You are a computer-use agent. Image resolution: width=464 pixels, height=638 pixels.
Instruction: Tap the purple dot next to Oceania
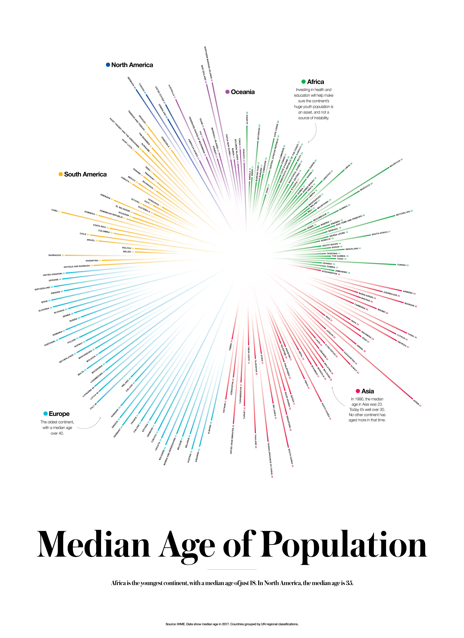pos(227,92)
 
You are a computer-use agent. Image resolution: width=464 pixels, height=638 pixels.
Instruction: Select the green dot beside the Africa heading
pos(303,82)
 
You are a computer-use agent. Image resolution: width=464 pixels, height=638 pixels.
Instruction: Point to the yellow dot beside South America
pos(61,174)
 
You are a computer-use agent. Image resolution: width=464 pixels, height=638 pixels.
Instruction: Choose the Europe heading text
pos(59,414)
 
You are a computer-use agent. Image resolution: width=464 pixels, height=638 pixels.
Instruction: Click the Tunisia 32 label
pos(403,265)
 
